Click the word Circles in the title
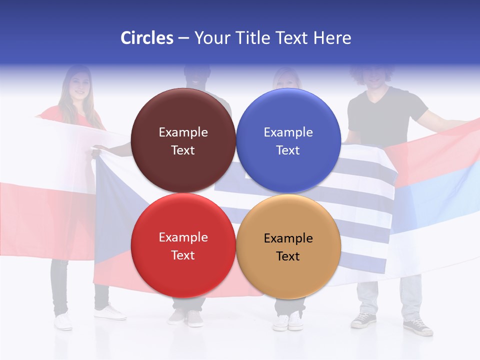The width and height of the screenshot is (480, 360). click(x=146, y=38)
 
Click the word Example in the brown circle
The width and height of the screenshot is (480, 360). click(x=183, y=132)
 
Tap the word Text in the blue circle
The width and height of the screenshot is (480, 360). click(x=288, y=150)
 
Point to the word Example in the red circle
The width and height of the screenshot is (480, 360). click(x=183, y=237)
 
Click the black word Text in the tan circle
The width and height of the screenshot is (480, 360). click(x=288, y=256)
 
